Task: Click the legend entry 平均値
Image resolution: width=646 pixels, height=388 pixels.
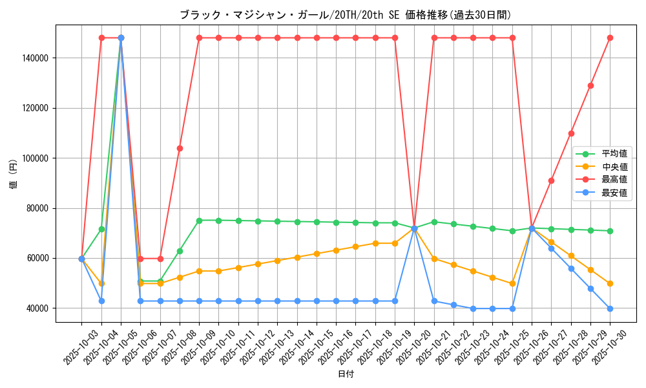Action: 614,154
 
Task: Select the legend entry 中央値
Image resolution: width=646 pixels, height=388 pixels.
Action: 614,167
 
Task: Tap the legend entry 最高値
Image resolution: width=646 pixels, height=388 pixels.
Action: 614,179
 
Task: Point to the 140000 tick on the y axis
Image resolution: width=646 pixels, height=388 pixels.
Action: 36,58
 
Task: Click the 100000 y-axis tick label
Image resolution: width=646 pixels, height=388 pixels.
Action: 36,158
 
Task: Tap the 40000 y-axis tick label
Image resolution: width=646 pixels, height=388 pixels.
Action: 38,308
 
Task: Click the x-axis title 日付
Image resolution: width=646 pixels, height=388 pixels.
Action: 346,374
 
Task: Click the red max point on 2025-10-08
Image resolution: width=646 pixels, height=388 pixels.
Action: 180,148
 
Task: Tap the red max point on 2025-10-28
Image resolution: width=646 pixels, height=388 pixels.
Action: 571,133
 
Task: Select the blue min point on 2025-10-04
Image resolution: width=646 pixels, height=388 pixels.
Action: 101,301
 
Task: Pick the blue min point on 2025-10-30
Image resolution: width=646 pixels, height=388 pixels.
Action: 610,308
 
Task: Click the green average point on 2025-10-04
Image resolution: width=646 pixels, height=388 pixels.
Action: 101,229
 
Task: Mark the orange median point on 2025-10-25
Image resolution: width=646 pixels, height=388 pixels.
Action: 512,283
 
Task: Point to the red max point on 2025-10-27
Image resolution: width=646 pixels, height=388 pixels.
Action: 551,180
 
